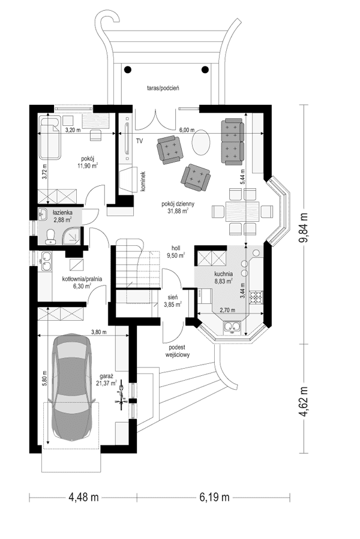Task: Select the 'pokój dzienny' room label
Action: [175, 204]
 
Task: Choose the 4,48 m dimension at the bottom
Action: [84, 496]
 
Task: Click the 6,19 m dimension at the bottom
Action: [214, 496]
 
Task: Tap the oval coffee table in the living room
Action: [202, 143]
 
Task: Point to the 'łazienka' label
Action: [62, 213]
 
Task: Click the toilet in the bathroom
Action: [50, 234]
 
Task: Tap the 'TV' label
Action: [139, 141]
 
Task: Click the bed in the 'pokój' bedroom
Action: [50, 138]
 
